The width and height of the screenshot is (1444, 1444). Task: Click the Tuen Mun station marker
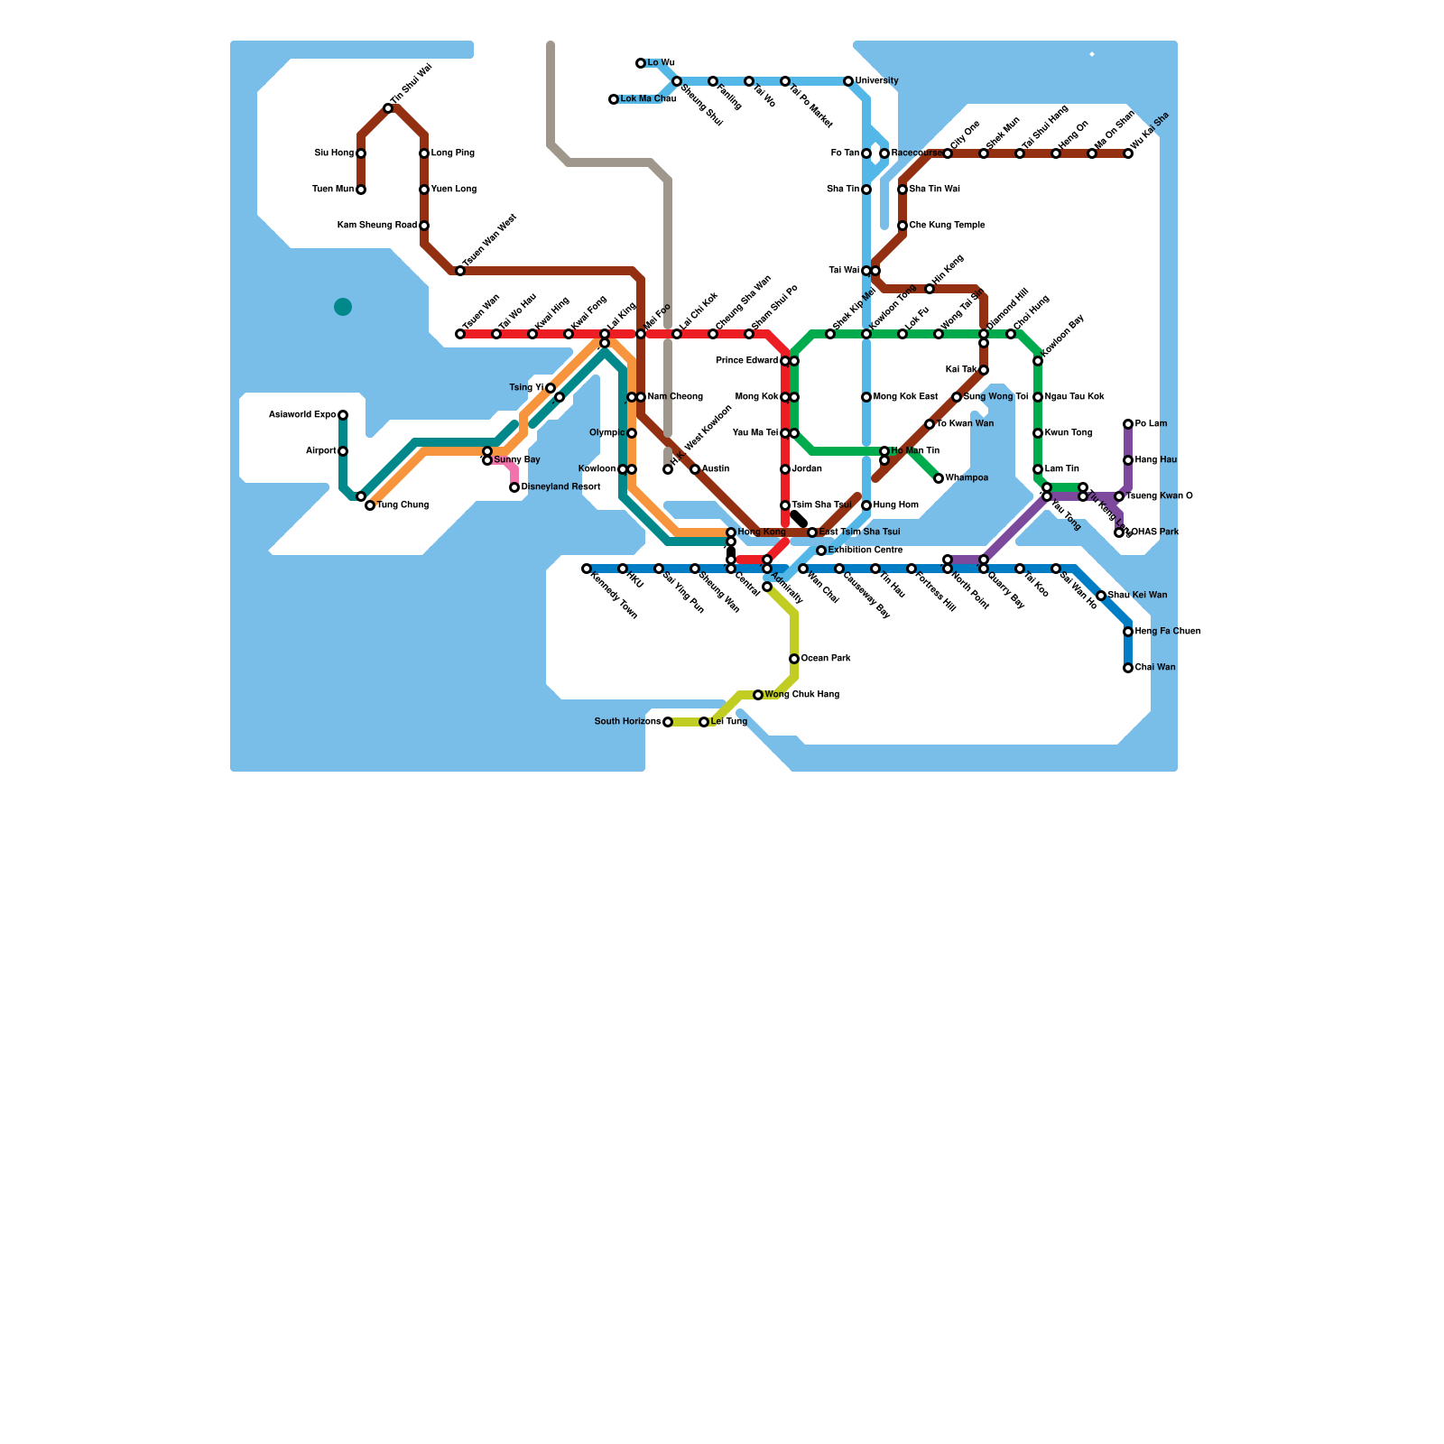[361, 190]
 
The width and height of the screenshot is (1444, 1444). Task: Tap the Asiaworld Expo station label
[302, 415]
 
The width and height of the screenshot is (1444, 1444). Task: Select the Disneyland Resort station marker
[514, 487]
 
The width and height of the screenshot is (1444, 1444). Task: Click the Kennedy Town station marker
[587, 569]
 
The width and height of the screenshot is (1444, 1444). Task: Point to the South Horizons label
[627, 722]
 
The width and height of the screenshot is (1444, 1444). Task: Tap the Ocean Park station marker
[794, 659]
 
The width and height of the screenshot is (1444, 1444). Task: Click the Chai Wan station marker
[1128, 668]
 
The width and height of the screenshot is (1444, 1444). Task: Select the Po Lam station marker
[1128, 424]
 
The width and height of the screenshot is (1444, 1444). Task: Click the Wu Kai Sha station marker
[1128, 153]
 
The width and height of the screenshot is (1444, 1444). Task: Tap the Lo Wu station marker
[641, 63]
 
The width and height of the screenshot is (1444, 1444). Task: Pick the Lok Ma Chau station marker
[614, 99]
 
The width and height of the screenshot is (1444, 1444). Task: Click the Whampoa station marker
[939, 478]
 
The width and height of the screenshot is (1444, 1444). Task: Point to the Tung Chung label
[403, 505]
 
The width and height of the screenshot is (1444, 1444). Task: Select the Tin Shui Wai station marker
[388, 108]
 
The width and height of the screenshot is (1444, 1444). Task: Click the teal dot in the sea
[343, 307]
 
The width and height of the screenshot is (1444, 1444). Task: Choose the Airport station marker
[343, 451]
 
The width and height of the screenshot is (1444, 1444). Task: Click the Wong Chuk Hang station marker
[758, 695]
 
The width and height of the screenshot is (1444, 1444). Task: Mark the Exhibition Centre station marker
[821, 551]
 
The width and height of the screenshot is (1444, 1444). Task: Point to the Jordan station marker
[785, 469]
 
